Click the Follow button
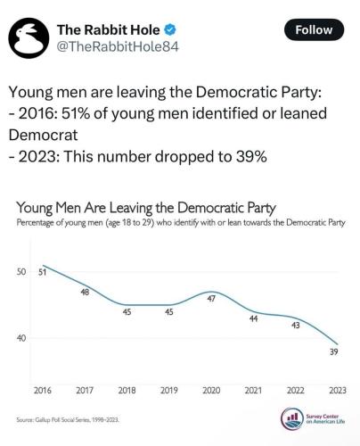click(314, 29)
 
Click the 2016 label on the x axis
click(42, 390)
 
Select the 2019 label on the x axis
click(168, 390)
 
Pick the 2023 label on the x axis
click(337, 390)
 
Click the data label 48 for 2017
click(86, 292)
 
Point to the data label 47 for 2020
click(211, 299)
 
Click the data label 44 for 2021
click(253, 318)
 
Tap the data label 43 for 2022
click(295, 325)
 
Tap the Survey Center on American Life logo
click(315, 419)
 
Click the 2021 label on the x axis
click(253, 390)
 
